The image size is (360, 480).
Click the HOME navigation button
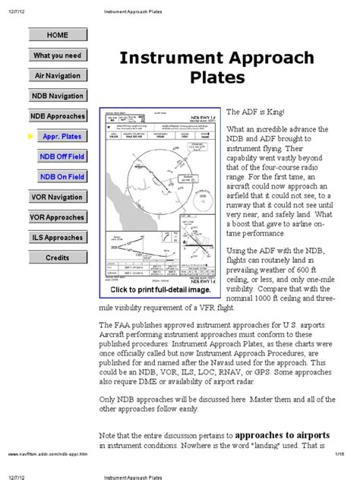tap(57, 35)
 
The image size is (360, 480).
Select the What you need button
tap(57, 55)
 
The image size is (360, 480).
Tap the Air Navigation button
tap(57, 76)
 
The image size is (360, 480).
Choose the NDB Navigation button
tap(57, 96)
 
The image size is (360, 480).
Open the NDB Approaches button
tap(57, 116)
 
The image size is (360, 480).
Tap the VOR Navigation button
tap(57, 197)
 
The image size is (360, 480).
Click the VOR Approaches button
tap(57, 217)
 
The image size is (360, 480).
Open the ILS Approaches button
tap(57, 238)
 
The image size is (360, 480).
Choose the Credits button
tap(57, 257)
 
